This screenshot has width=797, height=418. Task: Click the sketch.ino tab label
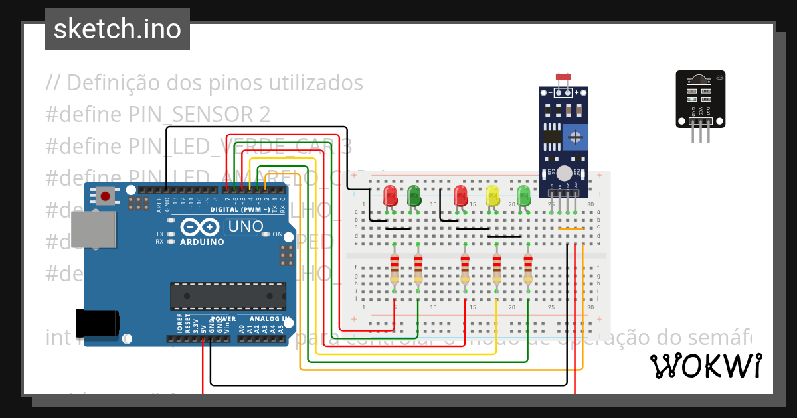[x=117, y=29]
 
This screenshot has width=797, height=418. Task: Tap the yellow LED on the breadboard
[x=493, y=195]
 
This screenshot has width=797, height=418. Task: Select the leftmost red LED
[x=391, y=195]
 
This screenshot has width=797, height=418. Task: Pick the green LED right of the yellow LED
[x=524, y=195]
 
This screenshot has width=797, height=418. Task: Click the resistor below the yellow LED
[x=497, y=271]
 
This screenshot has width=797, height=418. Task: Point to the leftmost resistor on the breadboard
[x=395, y=271]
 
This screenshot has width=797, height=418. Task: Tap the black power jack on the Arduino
[x=98, y=323]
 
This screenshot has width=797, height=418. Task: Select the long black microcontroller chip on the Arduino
[x=228, y=296]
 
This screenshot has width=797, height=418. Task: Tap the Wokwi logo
[x=705, y=366]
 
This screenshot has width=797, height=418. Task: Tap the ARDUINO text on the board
[x=202, y=242]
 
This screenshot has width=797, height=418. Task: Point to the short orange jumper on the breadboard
[x=571, y=229]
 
